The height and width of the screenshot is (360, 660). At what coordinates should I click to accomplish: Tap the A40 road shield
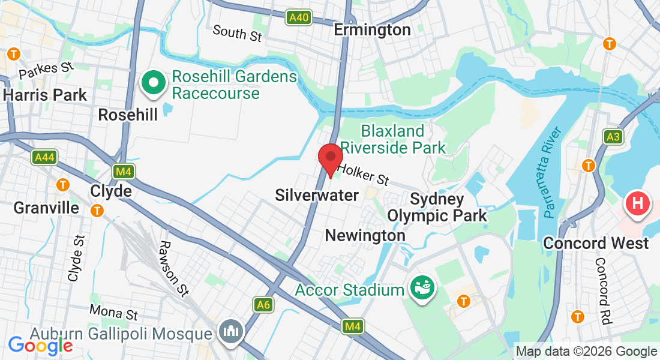point(298,17)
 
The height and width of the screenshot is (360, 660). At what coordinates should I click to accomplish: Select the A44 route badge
point(44,157)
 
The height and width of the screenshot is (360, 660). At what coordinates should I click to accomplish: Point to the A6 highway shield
point(263,305)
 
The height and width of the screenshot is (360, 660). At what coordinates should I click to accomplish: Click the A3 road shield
point(613,137)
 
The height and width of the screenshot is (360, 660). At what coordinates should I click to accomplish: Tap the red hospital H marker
point(638,204)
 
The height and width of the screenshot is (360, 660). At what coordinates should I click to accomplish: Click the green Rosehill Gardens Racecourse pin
point(153,83)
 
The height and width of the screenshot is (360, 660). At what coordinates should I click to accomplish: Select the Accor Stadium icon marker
point(423,289)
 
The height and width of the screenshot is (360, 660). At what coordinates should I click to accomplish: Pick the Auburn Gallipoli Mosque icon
point(230,332)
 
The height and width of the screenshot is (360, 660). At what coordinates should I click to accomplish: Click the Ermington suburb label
point(372,29)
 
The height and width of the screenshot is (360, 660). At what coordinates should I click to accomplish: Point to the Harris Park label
point(45,95)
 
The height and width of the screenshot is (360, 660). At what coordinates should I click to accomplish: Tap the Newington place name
point(365,236)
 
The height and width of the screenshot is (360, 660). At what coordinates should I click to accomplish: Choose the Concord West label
point(596,243)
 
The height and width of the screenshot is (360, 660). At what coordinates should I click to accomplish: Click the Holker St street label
point(363,175)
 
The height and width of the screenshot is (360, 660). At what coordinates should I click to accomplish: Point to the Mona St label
point(113,312)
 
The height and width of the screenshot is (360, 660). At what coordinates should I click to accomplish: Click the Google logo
point(40,345)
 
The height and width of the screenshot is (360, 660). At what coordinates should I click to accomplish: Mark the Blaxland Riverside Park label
point(393,139)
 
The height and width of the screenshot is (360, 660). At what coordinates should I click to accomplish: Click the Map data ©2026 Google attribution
point(586,352)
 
